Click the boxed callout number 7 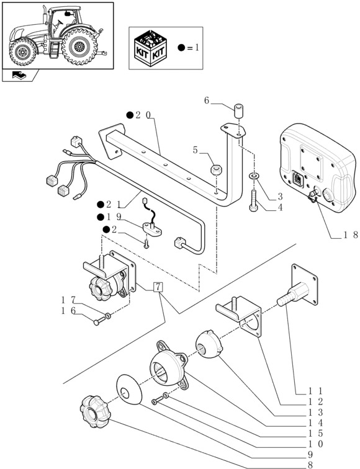pos(158,287)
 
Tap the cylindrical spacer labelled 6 pos(238,111)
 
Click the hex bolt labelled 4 pos(253,200)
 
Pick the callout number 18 pos(351,234)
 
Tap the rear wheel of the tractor pos(79,47)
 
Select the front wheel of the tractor pos(23,53)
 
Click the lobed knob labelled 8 pos(95,411)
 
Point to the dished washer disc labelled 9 pos(129,390)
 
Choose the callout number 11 pos(315,391)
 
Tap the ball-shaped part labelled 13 pos(209,344)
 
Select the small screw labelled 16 pos(100,321)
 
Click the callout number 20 pos(143,115)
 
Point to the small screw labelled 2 pos(146,244)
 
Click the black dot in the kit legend pos(181,48)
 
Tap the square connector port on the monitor pos(297,180)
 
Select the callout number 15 pos(315,433)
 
